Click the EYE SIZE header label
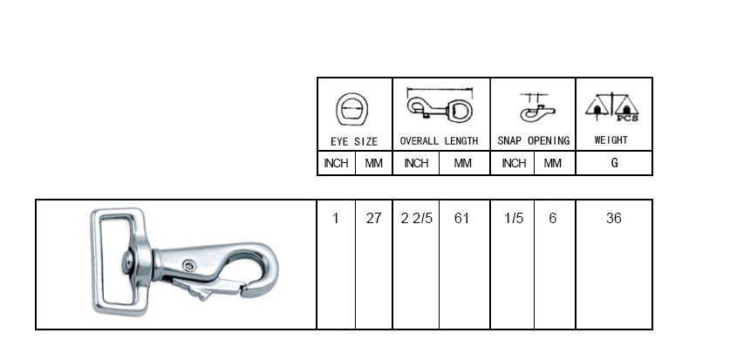click(354, 141)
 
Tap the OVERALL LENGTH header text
click(439, 141)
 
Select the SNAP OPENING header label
click(534, 140)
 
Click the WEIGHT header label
click(611, 140)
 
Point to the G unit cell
click(615, 163)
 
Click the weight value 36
click(614, 218)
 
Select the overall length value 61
click(461, 218)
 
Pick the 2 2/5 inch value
click(416, 218)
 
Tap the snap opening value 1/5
click(514, 218)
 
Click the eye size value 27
click(373, 218)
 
